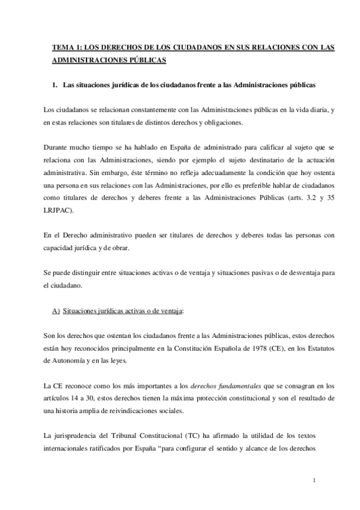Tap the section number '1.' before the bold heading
(56, 85)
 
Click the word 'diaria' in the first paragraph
(292, 110)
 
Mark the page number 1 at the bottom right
(314, 481)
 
